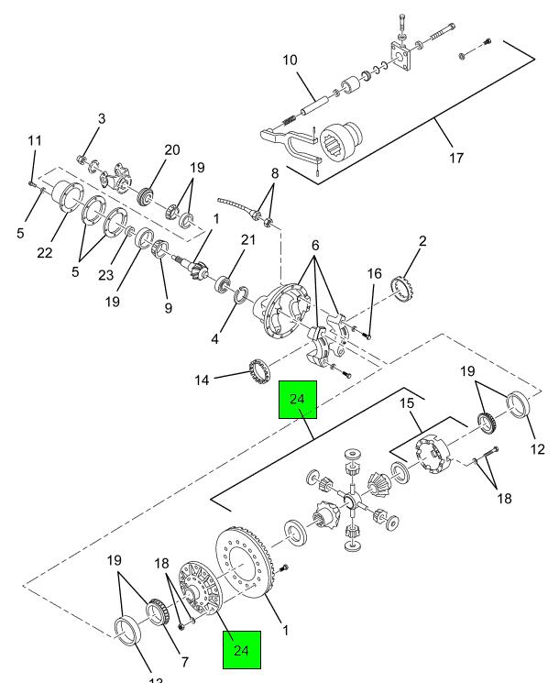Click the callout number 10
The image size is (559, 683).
(290, 61)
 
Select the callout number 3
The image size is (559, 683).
(101, 118)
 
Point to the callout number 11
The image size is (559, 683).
(35, 141)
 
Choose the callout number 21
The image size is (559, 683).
(247, 240)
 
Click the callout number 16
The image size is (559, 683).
(374, 273)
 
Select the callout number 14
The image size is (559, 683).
(200, 378)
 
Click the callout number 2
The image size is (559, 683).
(423, 241)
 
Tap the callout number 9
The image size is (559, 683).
(169, 308)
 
